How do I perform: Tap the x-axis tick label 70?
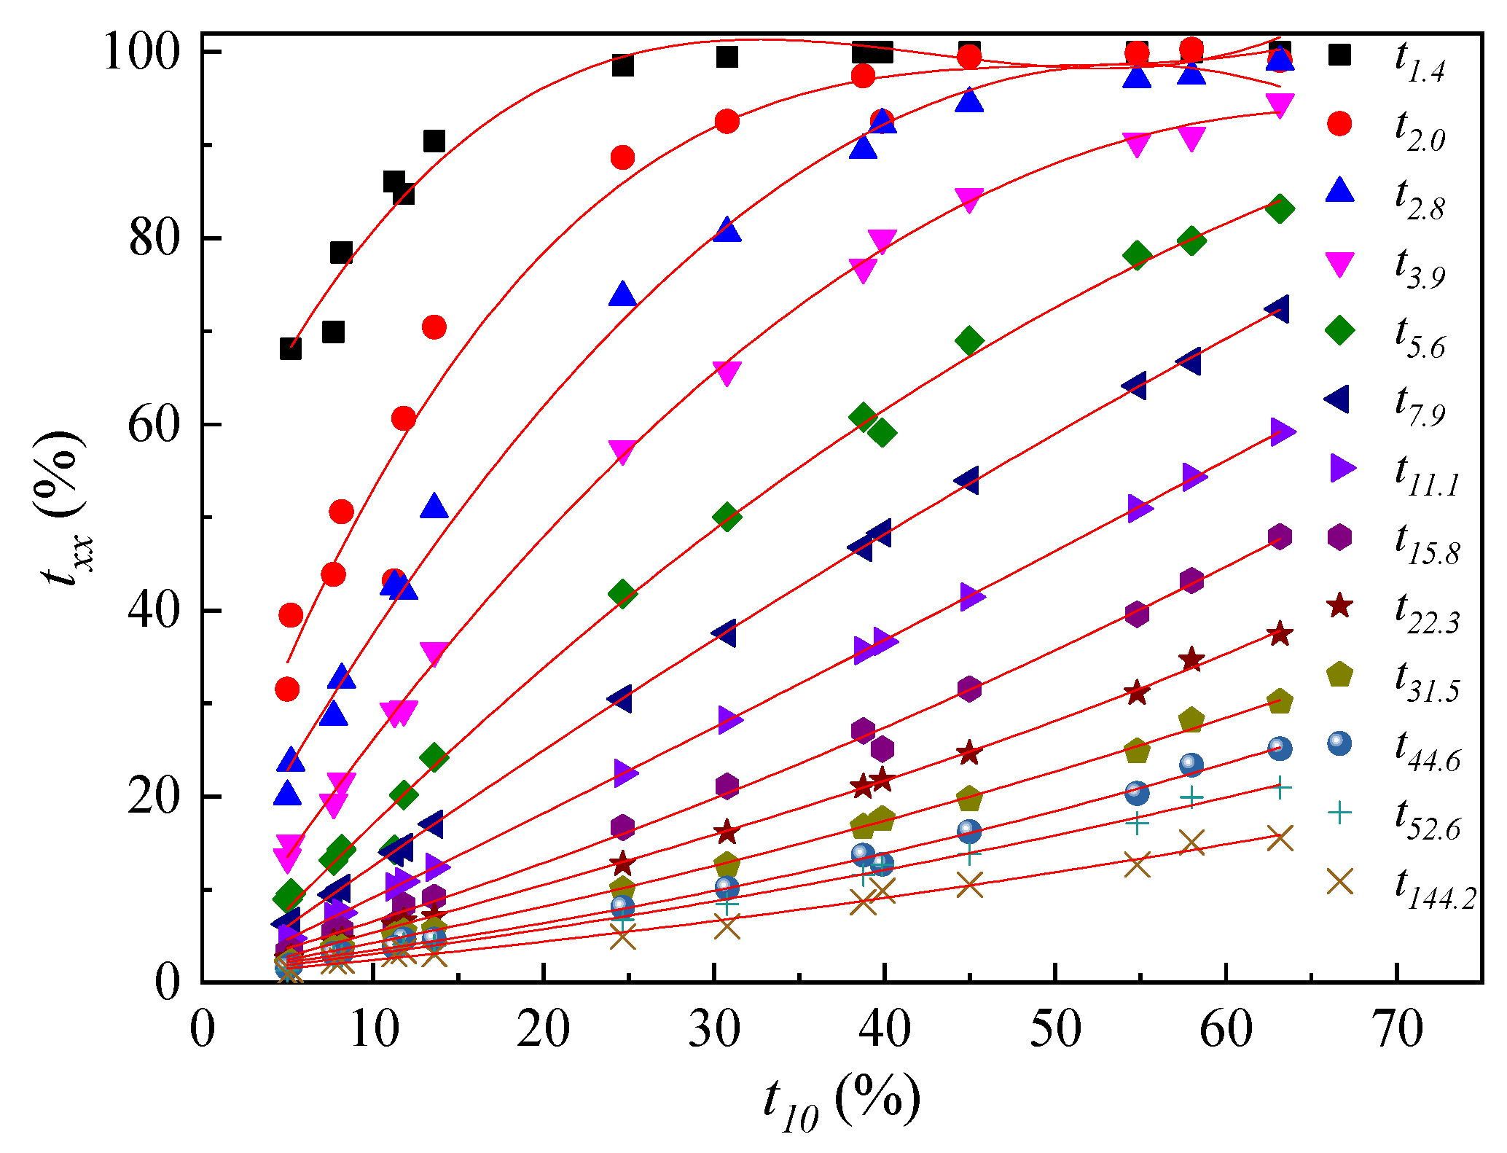point(1396,1030)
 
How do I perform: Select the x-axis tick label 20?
point(544,1030)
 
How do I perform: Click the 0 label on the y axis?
point(168,982)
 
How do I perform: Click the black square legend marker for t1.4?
point(1339,54)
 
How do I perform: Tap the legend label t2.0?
point(1420,132)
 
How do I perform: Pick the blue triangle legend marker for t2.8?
point(1339,191)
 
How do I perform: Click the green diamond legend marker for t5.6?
point(1339,330)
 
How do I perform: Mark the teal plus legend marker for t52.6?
point(1339,812)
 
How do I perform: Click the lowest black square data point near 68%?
point(290,349)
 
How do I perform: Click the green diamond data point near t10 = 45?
point(969,340)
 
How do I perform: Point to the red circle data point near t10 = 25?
point(622,157)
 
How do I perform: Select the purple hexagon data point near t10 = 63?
point(1280,537)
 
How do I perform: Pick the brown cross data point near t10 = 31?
point(727,928)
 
